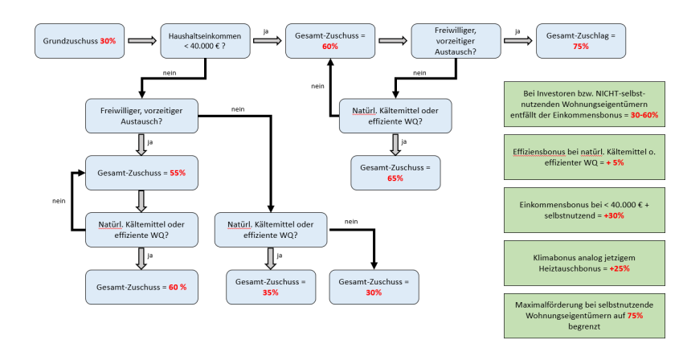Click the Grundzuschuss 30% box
point(79,40)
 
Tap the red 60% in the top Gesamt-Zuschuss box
point(329,47)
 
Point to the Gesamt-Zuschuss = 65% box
point(395,172)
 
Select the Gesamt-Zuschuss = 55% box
point(141,173)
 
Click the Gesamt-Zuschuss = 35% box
point(270,287)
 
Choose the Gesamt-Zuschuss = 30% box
point(374,287)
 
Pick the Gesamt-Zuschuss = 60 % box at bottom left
point(141,287)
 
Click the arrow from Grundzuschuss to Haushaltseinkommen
point(141,41)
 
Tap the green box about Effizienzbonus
point(583,156)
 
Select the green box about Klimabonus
point(583,262)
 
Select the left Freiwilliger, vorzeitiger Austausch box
point(141,116)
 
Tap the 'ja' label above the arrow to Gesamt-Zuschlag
point(517,31)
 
